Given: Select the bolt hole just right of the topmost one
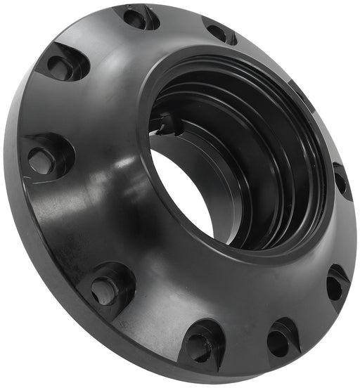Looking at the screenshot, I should pos(218,32).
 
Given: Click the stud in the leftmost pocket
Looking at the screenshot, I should pos(40,161).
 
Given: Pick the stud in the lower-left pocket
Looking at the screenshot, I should pos(104,290).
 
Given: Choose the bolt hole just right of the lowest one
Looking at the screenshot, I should pos(277,341).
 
